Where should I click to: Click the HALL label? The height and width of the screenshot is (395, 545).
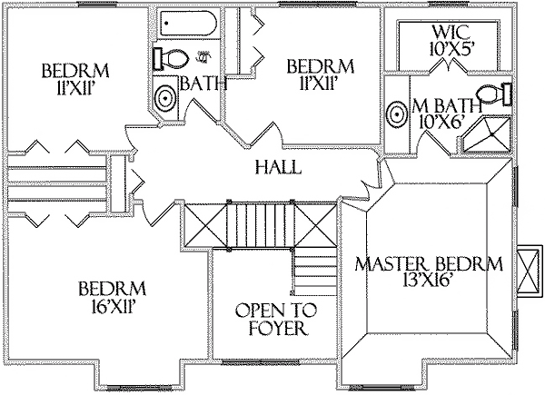[x=272, y=168]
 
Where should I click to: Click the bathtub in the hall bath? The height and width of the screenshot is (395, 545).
[x=188, y=26]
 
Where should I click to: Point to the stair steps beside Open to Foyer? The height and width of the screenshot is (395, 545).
[x=314, y=270]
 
